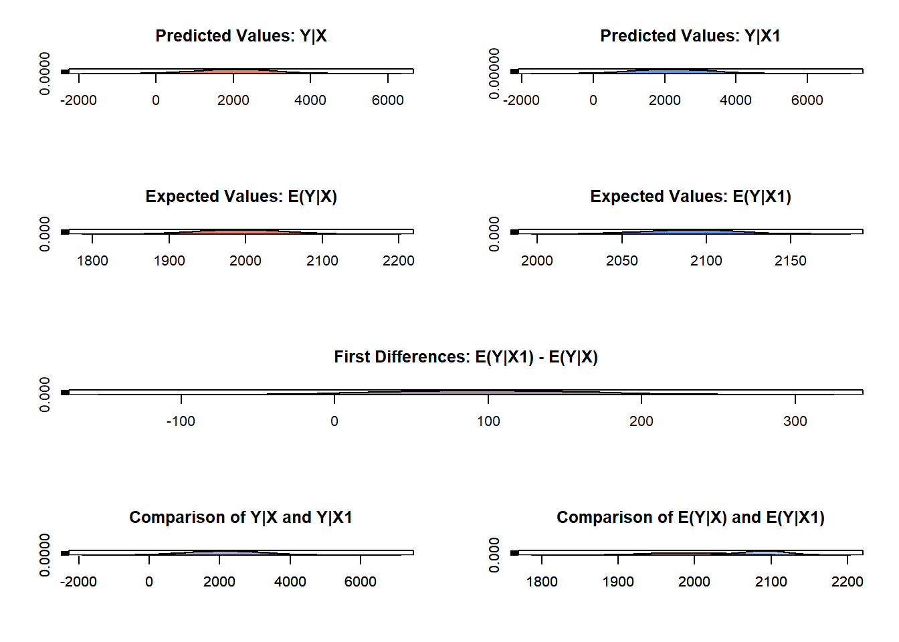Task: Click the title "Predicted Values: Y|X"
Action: point(241,36)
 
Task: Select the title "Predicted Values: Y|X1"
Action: point(690,36)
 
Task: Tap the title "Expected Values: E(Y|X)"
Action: point(241,197)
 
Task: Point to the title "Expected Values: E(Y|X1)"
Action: point(690,197)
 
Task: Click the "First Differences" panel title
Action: point(466,357)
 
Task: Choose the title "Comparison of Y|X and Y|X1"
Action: point(241,518)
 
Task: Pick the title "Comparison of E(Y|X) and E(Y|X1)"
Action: point(690,518)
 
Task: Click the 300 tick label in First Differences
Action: point(795,421)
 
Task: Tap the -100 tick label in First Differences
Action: point(181,421)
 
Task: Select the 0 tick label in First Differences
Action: point(334,421)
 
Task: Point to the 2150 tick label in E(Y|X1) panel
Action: point(791,261)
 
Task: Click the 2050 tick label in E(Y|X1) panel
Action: point(622,261)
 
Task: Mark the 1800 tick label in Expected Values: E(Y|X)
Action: point(92,261)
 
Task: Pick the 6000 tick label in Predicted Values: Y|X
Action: point(388,100)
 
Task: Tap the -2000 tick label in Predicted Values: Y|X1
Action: point(521,100)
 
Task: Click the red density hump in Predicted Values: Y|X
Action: point(234,71)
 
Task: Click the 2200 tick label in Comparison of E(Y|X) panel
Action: point(847,582)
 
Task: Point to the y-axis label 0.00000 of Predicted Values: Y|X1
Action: point(494,74)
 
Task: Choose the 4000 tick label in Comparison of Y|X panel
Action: point(290,582)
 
